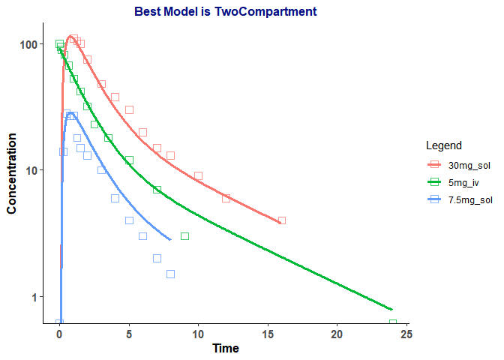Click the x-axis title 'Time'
pyautogui.click(x=226, y=348)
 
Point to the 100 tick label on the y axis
pyautogui.click(x=28, y=44)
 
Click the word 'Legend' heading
pyautogui.click(x=442, y=145)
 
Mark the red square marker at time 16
pyautogui.click(x=282, y=220)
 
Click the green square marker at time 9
pyautogui.click(x=184, y=236)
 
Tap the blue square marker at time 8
pyautogui.click(x=170, y=274)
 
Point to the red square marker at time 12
pyautogui.click(x=226, y=198)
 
